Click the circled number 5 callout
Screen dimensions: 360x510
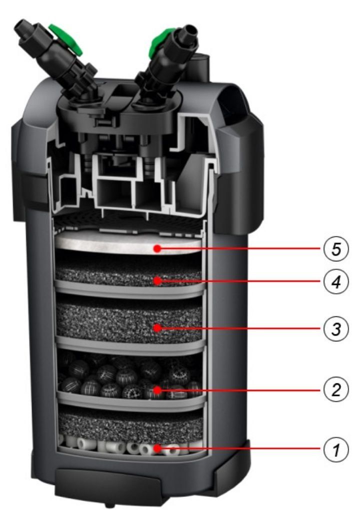(336, 249)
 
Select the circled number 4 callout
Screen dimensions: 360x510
(336, 281)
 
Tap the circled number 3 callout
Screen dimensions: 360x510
(336, 328)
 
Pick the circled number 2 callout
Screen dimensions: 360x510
(336, 389)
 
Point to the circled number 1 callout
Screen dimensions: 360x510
(336, 450)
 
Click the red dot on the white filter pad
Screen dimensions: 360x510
(157, 249)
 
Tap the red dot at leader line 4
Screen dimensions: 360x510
(157, 281)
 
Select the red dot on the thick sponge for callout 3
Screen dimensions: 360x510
(157, 328)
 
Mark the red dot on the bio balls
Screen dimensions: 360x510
(157, 389)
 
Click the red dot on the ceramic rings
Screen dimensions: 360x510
(157, 449)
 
